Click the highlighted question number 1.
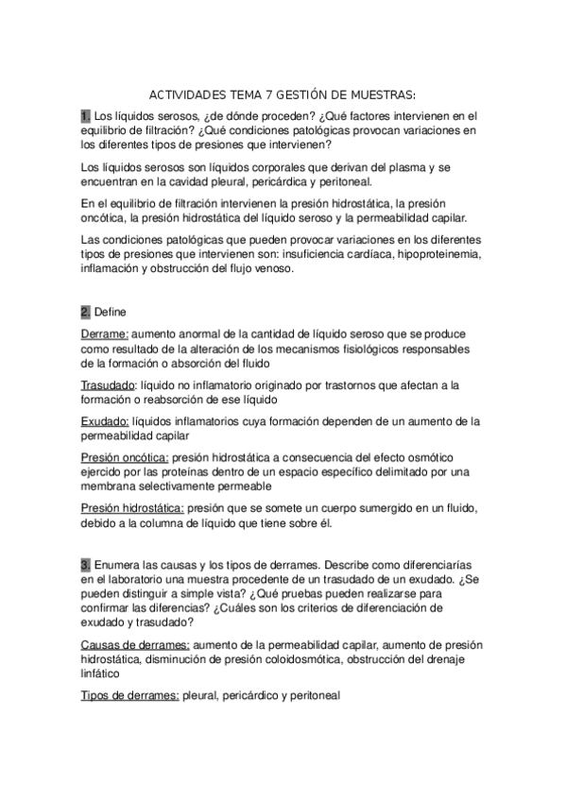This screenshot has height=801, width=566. point(85,116)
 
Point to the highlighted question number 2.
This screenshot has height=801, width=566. point(85,311)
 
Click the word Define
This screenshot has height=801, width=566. point(110,311)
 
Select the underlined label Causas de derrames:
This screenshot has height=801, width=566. point(129,644)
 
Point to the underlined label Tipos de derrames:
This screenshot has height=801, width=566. point(124,695)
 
